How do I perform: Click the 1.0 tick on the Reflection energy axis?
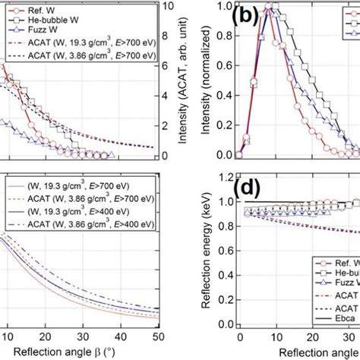pos(219,202)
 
